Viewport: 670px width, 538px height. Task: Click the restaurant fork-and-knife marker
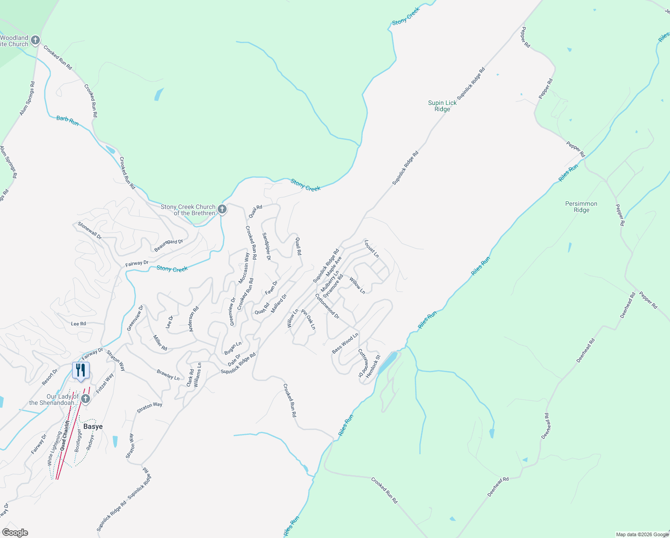[x=81, y=370]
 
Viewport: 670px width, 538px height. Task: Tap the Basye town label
[x=93, y=426]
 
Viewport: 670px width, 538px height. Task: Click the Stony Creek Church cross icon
[x=222, y=209]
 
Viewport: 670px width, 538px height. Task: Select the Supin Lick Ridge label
[x=442, y=106]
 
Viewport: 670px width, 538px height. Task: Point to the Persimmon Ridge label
[x=581, y=207]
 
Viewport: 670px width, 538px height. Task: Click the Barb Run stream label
[x=68, y=121]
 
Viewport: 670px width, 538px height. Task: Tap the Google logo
[x=15, y=532]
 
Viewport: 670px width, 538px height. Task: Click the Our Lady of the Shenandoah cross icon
[x=86, y=399]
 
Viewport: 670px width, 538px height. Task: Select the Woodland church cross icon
[x=35, y=40]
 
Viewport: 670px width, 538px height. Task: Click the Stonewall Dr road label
[x=90, y=230]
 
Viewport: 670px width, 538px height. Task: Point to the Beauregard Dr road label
[x=169, y=245]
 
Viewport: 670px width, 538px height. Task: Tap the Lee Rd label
[x=78, y=324]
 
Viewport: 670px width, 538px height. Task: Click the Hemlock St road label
[x=373, y=366]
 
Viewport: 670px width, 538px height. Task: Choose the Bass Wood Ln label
[x=345, y=343]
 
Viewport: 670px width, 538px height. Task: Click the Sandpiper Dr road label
[x=266, y=246]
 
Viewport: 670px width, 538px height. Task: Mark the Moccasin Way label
[x=244, y=268]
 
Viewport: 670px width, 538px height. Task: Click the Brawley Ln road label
[x=168, y=375]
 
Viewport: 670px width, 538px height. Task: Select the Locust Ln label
[x=371, y=249]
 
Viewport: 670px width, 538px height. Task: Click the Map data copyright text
[x=642, y=534]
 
